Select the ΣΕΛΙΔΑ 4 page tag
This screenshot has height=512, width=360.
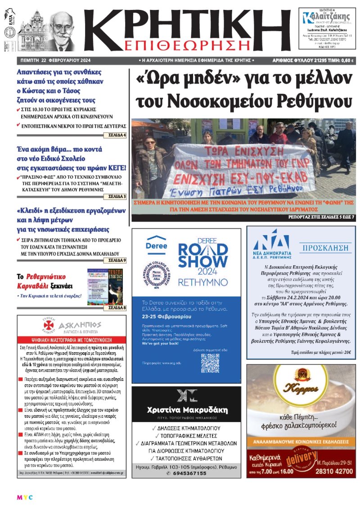(x=116, y=135)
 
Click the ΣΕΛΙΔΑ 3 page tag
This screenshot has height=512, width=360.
(x=116, y=196)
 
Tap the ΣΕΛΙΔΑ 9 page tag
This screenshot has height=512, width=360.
(x=116, y=260)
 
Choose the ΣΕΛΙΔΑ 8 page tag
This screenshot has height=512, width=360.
(x=116, y=308)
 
